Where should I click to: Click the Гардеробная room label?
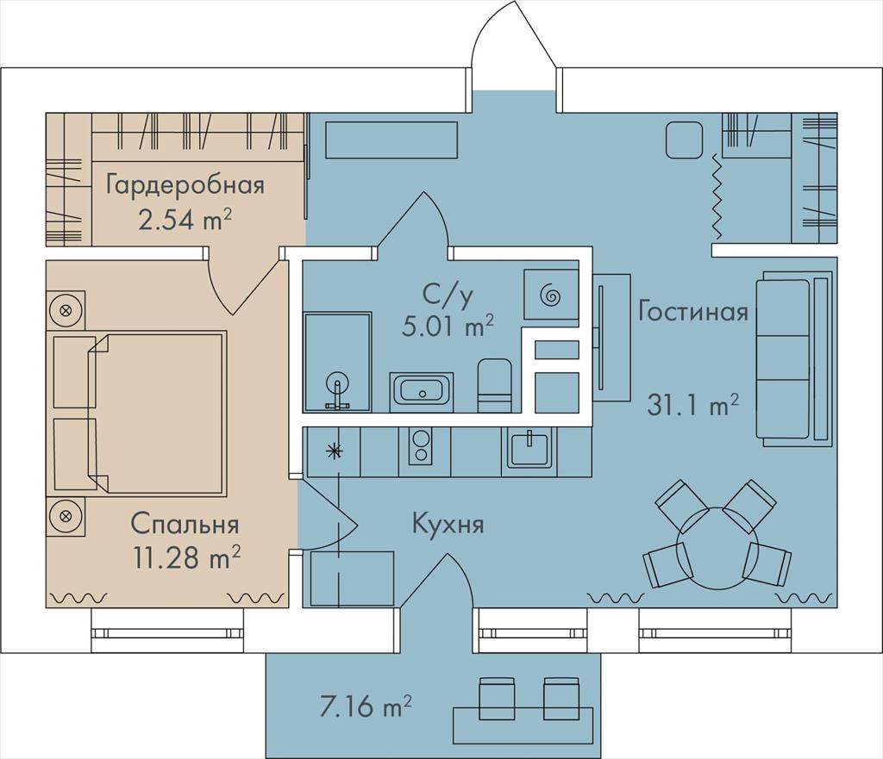click(185, 186)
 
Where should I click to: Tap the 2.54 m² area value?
click(185, 220)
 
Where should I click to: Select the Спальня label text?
click(185, 525)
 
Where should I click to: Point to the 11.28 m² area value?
click(187, 557)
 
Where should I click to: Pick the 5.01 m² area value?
click(448, 326)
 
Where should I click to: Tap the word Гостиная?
click(693, 310)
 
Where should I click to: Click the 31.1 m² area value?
click(692, 405)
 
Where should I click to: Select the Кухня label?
click(448, 524)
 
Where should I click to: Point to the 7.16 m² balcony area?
click(366, 706)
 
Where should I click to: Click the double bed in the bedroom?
click(141, 413)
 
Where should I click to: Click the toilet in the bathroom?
click(495, 386)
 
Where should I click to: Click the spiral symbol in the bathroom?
click(550, 295)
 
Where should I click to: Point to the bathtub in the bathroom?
click(421, 388)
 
